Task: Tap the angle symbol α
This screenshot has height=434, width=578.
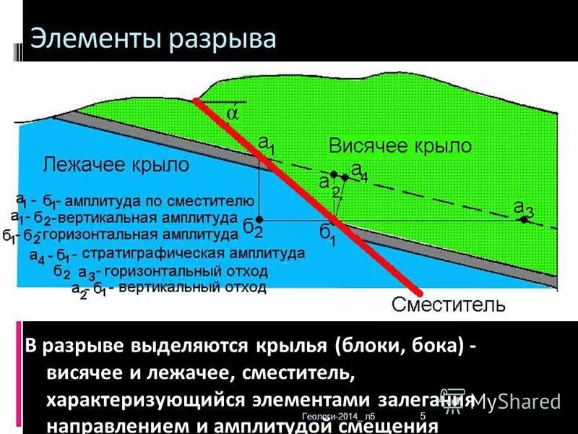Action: point(232,114)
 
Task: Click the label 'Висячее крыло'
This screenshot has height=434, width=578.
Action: point(400,145)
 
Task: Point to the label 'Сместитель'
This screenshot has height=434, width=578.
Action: point(449,304)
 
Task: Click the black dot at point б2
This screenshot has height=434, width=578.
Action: point(259,218)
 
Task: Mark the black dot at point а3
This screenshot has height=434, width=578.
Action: point(524,219)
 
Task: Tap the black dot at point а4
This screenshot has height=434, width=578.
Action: point(345,176)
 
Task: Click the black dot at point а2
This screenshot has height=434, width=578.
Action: point(333,174)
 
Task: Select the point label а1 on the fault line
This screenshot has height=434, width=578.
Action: point(267,145)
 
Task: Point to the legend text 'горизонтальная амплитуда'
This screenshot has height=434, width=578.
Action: point(140,234)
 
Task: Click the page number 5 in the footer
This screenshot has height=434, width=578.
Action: point(422,415)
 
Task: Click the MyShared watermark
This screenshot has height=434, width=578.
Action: point(512,401)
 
